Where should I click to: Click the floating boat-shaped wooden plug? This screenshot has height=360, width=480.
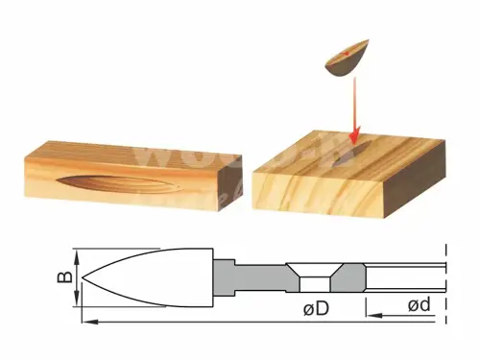pos(348,58)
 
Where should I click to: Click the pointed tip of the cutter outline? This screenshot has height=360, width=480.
pos(84,279)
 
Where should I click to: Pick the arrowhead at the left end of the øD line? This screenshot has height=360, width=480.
pos(88,321)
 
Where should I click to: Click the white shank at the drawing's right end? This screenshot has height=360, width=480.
pos(408,279)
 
